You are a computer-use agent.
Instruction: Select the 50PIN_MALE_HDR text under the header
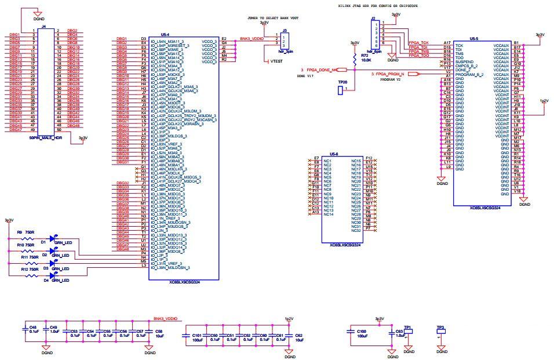click(x=46, y=138)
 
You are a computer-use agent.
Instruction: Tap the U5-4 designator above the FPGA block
click(x=165, y=35)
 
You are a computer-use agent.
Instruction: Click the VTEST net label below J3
click(x=277, y=61)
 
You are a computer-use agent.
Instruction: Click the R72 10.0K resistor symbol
click(x=354, y=59)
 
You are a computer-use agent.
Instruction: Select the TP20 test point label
click(x=342, y=82)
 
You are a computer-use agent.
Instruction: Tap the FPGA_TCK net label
click(x=418, y=43)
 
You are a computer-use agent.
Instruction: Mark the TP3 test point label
click(x=441, y=328)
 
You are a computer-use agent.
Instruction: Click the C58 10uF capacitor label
click(x=159, y=333)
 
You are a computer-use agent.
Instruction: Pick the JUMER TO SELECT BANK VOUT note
click(x=268, y=19)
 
